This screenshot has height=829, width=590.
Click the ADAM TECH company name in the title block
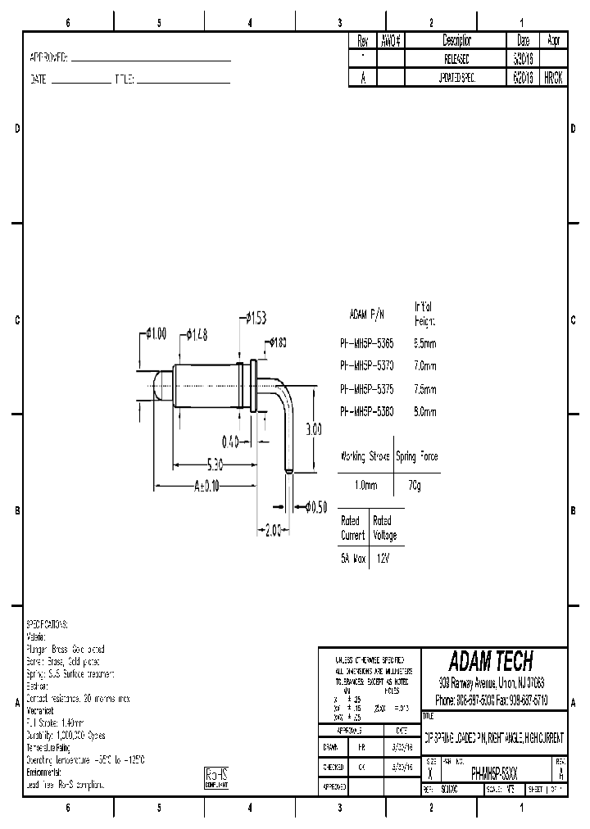(x=491, y=660)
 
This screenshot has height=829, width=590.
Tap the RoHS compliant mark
(x=216, y=777)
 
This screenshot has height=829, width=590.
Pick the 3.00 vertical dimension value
(x=314, y=428)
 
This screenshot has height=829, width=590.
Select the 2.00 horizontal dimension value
(x=272, y=530)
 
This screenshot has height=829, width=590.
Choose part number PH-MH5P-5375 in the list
(x=366, y=389)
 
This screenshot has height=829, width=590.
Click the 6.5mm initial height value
(x=425, y=343)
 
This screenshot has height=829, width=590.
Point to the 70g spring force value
(x=415, y=485)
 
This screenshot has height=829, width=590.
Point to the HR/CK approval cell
(x=553, y=77)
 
